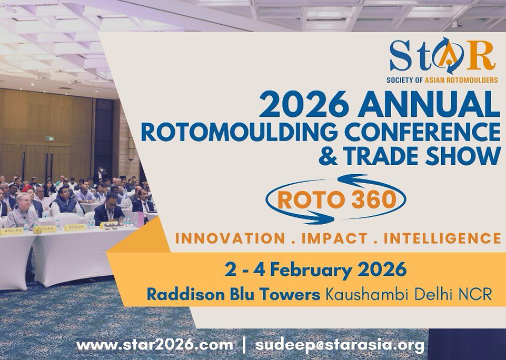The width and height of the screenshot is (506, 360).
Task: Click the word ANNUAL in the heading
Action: [429, 104]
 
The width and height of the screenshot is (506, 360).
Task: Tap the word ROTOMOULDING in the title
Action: [239, 132]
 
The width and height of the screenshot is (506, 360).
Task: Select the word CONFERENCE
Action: [422, 132]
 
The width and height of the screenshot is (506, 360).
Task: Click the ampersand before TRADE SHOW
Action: [328, 156]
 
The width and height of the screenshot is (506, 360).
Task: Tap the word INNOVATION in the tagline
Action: [230, 238]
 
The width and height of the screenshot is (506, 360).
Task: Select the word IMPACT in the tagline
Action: [334, 238]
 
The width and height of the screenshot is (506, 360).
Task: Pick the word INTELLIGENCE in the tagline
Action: [442, 238]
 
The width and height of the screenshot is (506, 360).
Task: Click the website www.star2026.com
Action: [155, 345]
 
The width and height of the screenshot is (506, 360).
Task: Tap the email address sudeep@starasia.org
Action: [340, 345]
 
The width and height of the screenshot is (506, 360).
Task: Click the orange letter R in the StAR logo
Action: [481, 56]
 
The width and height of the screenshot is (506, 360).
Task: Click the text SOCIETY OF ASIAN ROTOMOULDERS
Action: [442, 79]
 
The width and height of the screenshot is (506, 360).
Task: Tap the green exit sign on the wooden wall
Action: [49, 138]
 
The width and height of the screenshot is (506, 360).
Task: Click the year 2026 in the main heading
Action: [304, 104]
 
